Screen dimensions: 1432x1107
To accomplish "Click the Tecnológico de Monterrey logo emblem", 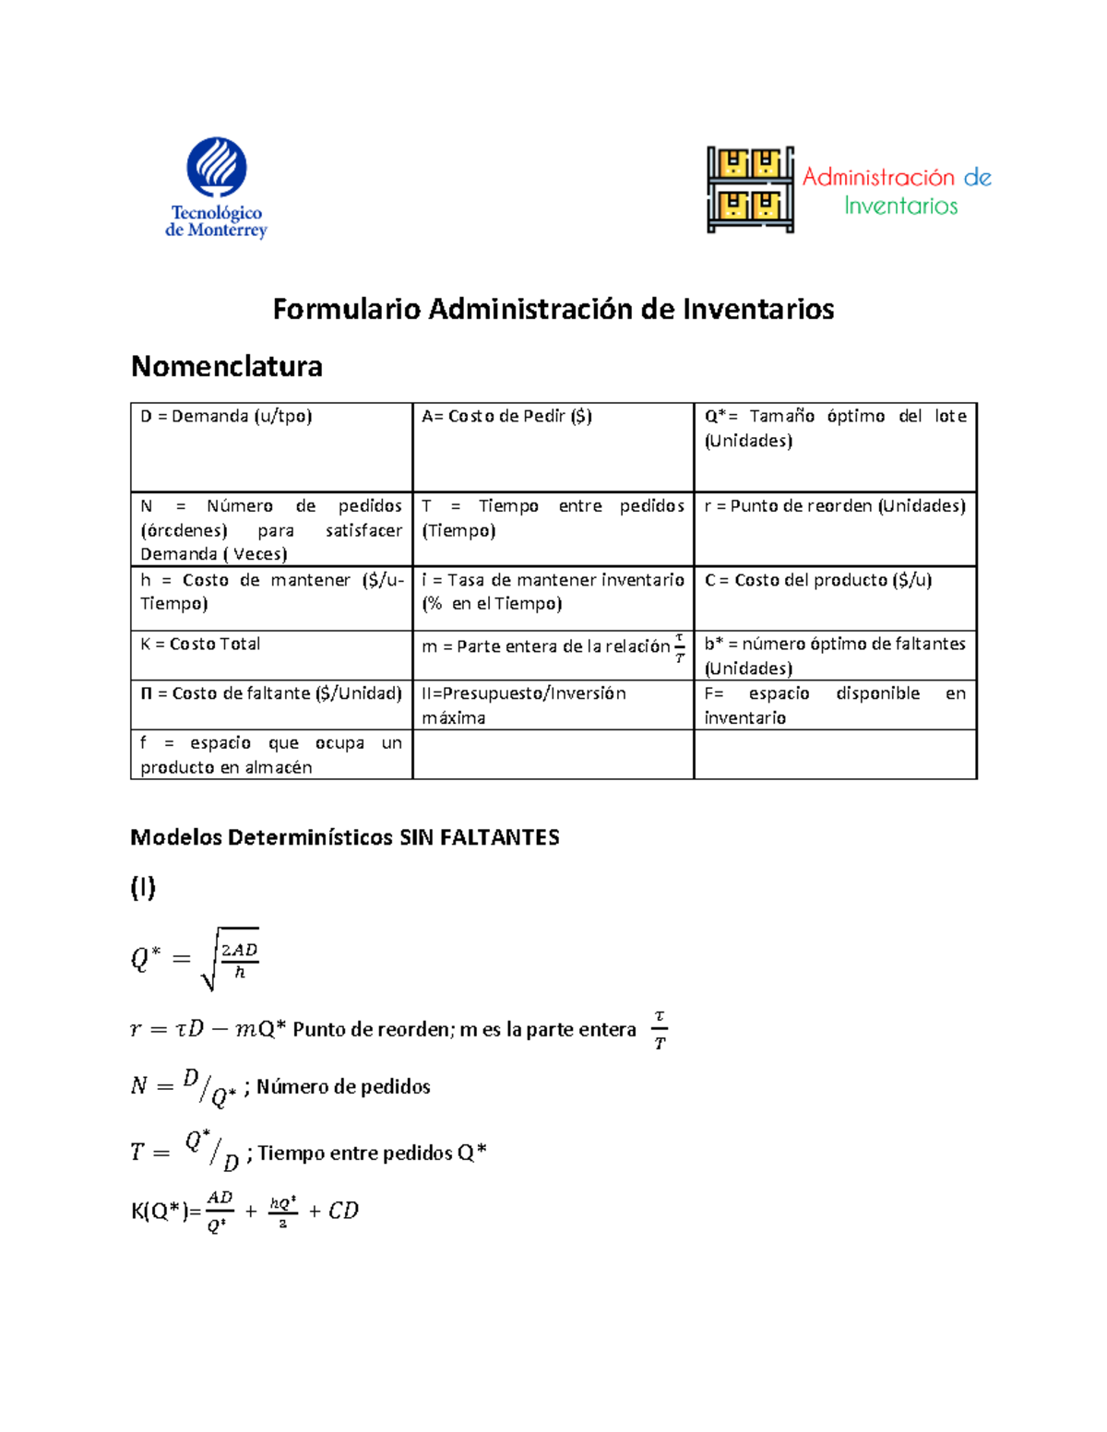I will [217, 168].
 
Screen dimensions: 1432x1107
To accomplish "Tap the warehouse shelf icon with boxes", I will [750, 189].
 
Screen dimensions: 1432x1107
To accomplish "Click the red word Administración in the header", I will [877, 177].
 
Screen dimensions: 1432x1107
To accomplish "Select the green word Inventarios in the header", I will [900, 206].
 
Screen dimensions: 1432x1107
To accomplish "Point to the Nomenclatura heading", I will [227, 366].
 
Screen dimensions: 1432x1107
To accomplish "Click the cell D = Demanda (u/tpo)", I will [226, 417].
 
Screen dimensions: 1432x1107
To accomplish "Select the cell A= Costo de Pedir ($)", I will [506, 417].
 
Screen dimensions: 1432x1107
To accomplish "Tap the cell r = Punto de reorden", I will [834, 506].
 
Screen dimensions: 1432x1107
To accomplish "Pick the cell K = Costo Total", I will [200, 645].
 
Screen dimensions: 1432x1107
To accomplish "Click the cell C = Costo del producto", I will [817, 580].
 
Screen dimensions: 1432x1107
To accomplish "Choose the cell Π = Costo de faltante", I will [270, 693].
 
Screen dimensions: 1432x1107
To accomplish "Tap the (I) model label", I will [143, 887].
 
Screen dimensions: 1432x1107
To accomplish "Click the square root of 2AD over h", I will [230, 959].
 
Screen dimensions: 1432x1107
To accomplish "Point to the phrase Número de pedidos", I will [342, 1086].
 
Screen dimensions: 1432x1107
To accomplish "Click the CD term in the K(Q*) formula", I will [343, 1211].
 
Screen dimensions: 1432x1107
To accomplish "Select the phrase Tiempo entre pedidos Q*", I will [372, 1153].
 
